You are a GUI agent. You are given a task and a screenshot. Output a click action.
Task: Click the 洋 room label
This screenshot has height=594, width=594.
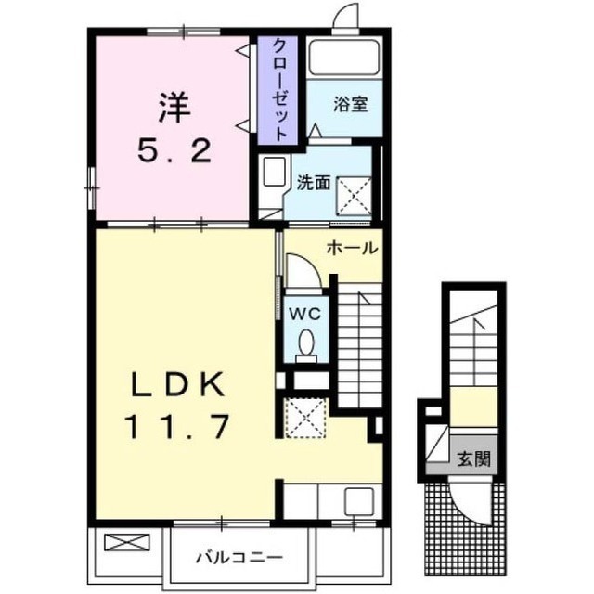click(x=174, y=108)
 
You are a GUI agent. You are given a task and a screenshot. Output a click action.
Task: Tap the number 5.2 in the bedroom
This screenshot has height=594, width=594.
click(x=174, y=150)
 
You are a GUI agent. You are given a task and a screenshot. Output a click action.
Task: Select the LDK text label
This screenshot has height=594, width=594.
click(x=176, y=384)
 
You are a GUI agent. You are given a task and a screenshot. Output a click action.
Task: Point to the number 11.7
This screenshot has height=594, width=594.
click(x=176, y=427)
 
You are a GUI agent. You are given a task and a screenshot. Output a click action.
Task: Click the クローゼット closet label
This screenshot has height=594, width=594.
click(x=279, y=90)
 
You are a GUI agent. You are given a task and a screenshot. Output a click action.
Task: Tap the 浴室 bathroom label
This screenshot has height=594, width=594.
click(x=351, y=104)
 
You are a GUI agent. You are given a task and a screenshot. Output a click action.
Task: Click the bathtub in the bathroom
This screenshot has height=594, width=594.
click(x=344, y=58)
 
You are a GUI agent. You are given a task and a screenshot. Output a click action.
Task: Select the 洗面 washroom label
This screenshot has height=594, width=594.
click(x=314, y=184)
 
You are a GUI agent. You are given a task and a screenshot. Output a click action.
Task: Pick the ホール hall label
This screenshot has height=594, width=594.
click(x=353, y=248)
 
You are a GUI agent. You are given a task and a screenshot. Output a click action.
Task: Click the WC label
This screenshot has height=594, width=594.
click(x=305, y=313)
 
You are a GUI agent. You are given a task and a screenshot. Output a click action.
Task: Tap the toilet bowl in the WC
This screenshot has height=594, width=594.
click(x=306, y=346)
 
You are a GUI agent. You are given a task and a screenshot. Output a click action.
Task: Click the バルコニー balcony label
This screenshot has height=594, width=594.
click(x=239, y=557)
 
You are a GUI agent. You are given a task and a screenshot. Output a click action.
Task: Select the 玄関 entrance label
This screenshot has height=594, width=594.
click(x=474, y=458)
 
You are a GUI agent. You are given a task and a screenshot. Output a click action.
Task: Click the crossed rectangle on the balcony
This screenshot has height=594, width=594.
click(x=127, y=542)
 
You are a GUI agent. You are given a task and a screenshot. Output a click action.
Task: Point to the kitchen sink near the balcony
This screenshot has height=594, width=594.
click(x=359, y=501)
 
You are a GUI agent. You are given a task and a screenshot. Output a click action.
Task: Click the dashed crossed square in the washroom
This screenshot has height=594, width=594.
click(x=355, y=196)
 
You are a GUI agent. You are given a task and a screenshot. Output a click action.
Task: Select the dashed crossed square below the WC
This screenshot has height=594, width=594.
click(x=305, y=418)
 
